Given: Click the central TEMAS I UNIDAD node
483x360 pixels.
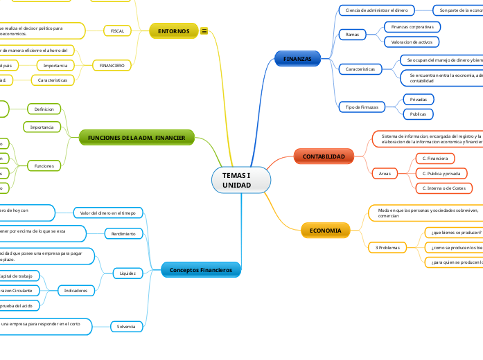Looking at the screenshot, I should tap(240, 181).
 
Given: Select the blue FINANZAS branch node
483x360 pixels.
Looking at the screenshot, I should tap(297, 59).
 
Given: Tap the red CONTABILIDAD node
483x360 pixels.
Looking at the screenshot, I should tap(323, 157).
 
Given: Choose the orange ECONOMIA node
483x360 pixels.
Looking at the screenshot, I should tap(325, 230).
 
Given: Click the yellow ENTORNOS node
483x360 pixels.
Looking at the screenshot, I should tap(173, 31).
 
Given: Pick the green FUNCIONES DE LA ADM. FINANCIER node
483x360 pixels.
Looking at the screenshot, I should tap(137, 138).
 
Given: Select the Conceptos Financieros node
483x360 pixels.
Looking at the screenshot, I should tap(201, 269).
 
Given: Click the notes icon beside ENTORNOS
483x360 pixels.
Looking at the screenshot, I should tap(204, 31).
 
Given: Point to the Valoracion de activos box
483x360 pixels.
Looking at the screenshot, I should tap(412, 42).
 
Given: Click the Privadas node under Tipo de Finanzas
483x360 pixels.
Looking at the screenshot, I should tap(418, 100).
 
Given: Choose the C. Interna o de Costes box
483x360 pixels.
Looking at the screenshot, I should tap(444, 188).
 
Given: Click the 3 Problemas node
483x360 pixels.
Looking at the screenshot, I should tap(387, 247).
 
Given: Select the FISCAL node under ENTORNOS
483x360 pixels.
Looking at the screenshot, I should tap(117, 31).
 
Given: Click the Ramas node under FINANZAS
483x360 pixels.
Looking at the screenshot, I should tap(351, 34).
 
